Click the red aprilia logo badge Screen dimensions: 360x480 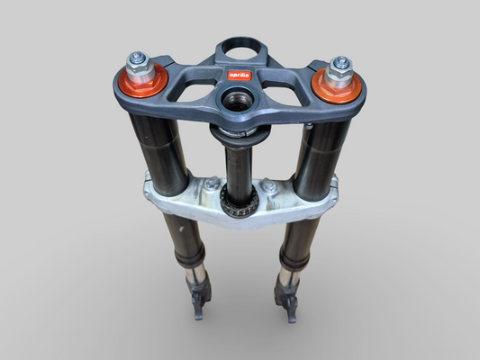pos(239,74)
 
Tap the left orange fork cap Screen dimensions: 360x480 pos(140,82)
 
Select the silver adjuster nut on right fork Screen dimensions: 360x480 pos(340,66)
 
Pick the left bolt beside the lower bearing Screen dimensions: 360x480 pos(211,184)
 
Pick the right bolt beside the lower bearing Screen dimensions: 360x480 pos(268,187)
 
